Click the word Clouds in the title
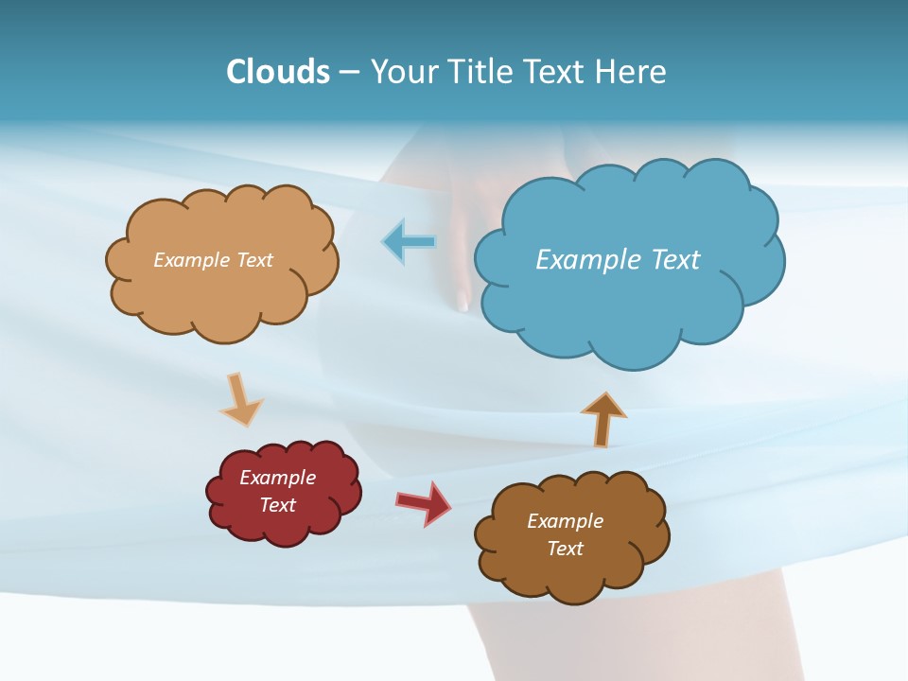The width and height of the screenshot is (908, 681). pyautogui.click(x=278, y=71)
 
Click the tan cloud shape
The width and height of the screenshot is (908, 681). pyautogui.click(x=222, y=293)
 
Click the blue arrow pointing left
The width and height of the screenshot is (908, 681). pyautogui.click(x=410, y=242)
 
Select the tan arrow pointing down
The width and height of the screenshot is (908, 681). pyautogui.click(x=240, y=399)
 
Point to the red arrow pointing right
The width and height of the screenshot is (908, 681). pyautogui.click(x=424, y=502)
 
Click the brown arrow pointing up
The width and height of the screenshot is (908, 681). pyautogui.click(x=603, y=418)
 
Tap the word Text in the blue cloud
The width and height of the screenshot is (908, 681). pyautogui.click(x=675, y=259)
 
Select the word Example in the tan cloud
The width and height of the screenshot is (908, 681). pyautogui.click(x=191, y=260)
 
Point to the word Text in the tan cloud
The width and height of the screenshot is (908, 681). pyautogui.click(x=253, y=260)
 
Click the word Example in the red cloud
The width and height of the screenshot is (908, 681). pyautogui.click(x=277, y=478)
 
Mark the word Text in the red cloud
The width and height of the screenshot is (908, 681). pyautogui.click(x=277, y=505)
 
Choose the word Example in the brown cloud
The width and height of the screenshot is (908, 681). pyautogui.click(x=565, y=521)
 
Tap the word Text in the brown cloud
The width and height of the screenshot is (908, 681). pyautogui.click(x=565, y=549)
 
